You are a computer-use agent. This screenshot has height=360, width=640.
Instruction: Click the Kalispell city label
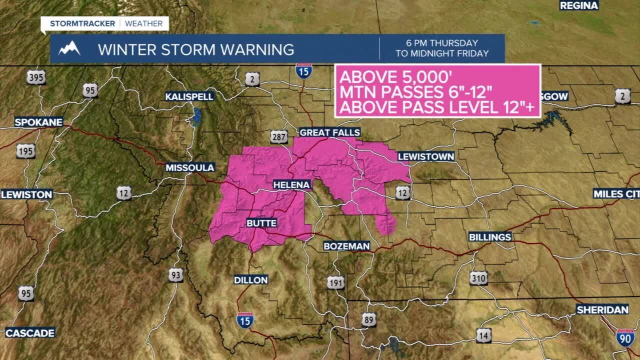190,96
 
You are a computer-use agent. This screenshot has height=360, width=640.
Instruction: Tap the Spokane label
38,122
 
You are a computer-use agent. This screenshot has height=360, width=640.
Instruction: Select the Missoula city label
190,167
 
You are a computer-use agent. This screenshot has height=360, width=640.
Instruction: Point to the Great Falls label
329,132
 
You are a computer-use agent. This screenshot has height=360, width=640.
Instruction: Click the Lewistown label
426,156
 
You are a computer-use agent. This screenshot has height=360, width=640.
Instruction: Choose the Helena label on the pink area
292,185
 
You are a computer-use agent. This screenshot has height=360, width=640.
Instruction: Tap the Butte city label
261,223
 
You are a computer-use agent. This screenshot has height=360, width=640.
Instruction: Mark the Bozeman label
346,246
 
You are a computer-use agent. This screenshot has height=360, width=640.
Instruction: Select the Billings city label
490,237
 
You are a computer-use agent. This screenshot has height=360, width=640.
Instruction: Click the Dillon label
251,280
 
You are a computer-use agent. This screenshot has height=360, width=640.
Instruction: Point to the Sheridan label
602,310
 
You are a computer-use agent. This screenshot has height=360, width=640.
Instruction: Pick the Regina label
579,5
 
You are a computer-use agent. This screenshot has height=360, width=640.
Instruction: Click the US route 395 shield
36,77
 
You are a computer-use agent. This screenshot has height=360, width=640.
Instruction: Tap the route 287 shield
279,136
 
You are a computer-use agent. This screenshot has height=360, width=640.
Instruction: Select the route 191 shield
336,282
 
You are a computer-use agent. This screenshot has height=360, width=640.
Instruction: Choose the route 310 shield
478,278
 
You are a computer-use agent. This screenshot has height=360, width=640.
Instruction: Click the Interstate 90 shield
625,338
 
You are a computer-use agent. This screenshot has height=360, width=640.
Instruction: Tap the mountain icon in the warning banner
69,48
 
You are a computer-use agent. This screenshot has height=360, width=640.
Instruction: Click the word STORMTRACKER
82,23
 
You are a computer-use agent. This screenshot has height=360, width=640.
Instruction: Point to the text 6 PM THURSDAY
442,43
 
